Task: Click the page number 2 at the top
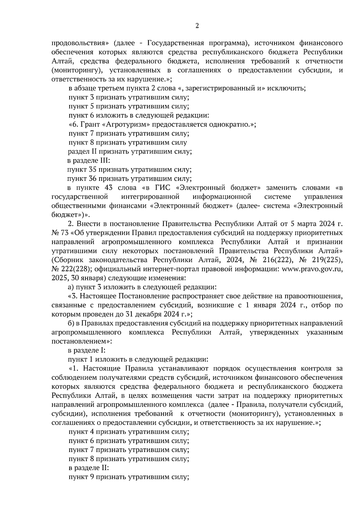click(197, 26)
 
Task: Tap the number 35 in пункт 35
click(92, 169)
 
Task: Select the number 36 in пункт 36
click(92, 179)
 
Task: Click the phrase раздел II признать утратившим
click(120, 151)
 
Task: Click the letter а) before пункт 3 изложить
click(71, 287)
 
